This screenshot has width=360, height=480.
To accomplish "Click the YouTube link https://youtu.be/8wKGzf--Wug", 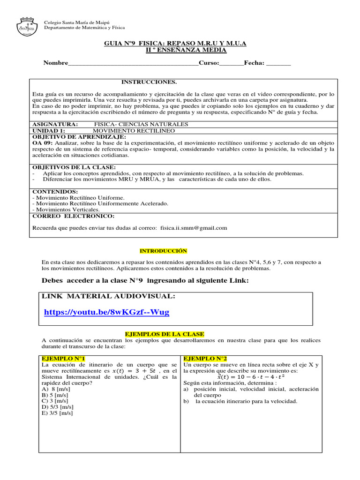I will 106,312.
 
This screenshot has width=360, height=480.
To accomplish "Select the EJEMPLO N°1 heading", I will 64,359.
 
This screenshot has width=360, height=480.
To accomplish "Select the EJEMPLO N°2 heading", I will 205,359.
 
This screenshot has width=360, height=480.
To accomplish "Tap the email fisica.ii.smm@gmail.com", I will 194,228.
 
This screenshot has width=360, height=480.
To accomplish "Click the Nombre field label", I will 56,63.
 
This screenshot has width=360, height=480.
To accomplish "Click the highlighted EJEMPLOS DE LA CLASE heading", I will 164,334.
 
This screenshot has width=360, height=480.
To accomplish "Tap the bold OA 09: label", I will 43,142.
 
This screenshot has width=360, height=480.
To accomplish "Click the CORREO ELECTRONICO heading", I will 73,216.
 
